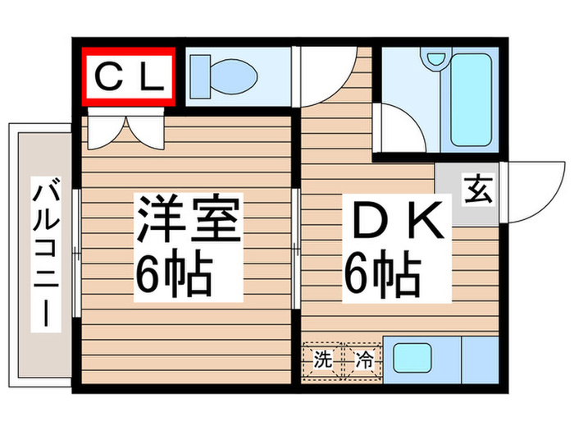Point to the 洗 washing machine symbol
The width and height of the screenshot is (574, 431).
pyautogui.click(x=323, y=359)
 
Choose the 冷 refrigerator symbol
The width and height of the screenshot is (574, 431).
pyautogui.click(x=362, y=359)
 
